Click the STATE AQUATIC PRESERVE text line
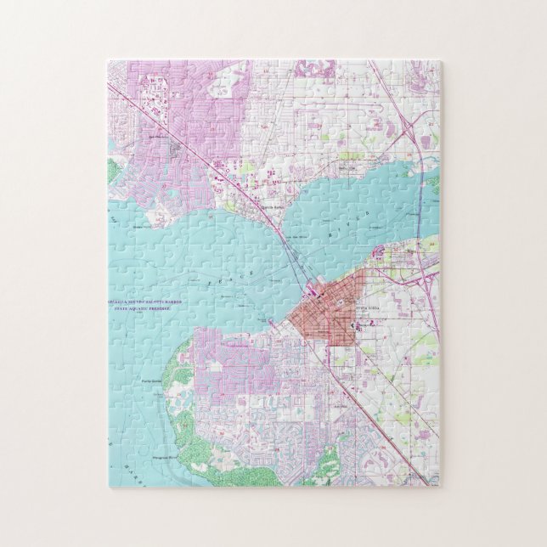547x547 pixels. (x=142, y=309)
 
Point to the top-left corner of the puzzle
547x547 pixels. (x=109, y=60)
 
